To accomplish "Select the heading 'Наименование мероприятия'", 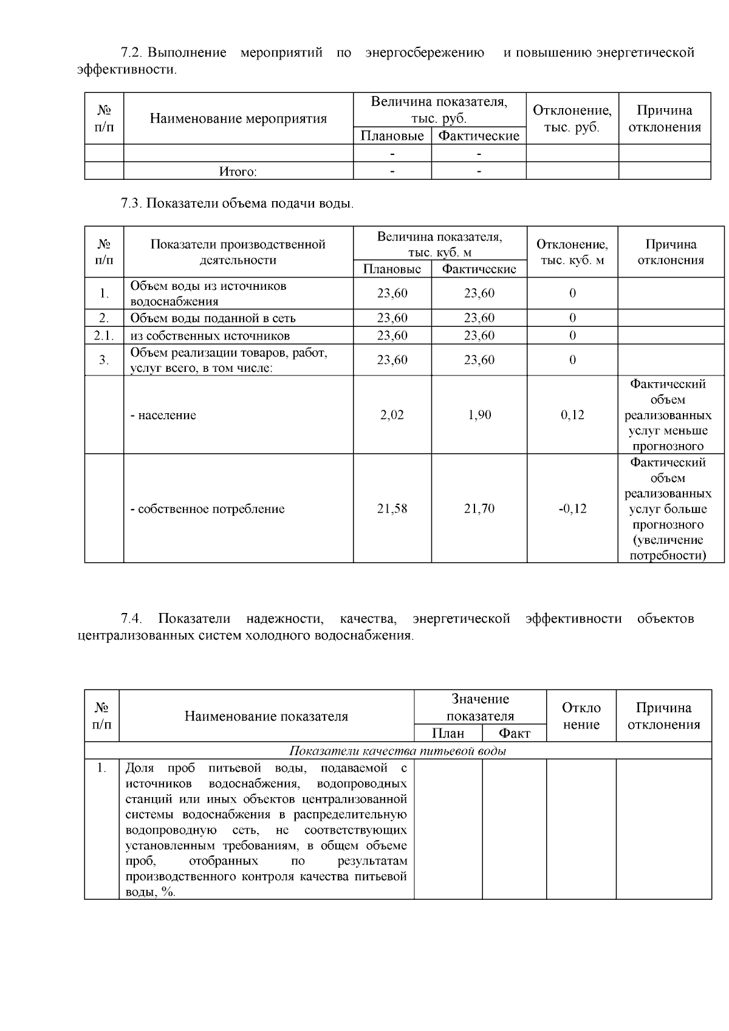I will tap(238, 118).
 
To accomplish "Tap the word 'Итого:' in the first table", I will tap(238, 172).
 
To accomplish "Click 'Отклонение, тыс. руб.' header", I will tap(572, 118).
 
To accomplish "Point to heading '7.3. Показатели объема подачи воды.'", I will tap(237, 204).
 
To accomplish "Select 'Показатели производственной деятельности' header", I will tap(238, 252).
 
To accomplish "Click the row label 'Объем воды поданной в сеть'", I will tap(213, 318).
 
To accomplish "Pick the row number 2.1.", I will tap(104, 335).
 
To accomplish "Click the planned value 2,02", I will tap(392, 415).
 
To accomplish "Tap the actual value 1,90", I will tap(479, 415).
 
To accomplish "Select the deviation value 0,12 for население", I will tap(572, 415).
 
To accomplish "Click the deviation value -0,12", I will tap(572, 509).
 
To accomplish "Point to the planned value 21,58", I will tap(392, 509).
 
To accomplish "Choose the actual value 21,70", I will tap(479, 509).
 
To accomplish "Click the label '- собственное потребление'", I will tap(208, 509).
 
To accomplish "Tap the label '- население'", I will tap(163, 416).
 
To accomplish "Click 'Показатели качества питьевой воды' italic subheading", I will tap(397, 751).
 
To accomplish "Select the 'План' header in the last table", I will tap(448, 733).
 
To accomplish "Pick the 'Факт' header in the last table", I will tap(514, 733).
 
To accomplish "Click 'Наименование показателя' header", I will tap(266, 716).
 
